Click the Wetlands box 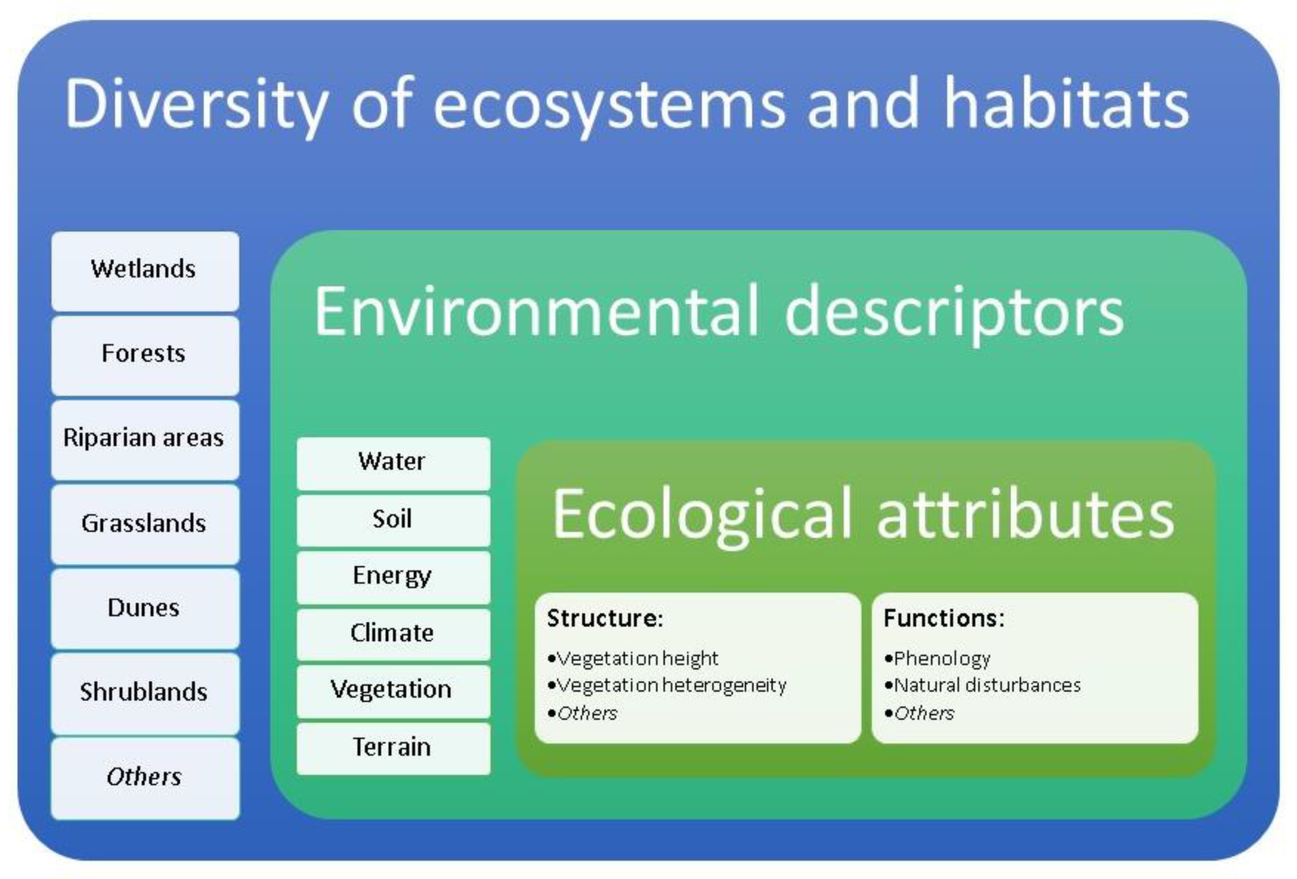(145, 271)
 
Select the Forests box (145, 356)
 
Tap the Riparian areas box (145, 440)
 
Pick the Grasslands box (145, 524)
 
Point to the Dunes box (145, 609)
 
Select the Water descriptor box (393, 463)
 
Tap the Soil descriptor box (393, 520)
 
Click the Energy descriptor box (393, 577)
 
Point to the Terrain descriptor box (393, 748)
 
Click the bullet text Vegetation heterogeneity (672, 685)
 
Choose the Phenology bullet (942, 659)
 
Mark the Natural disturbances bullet (987, 685)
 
